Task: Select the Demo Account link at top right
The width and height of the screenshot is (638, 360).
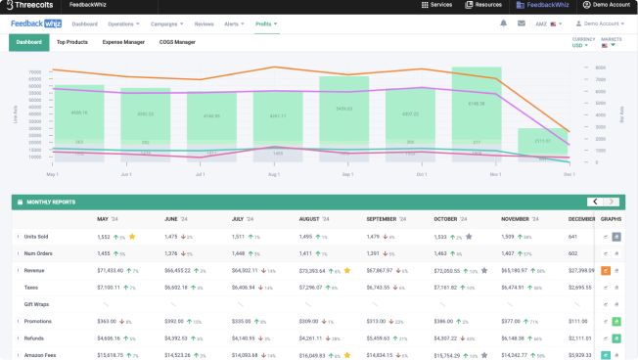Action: [606, 6]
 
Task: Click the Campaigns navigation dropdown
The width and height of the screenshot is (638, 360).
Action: [168, 22]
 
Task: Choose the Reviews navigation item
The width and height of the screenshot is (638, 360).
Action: [205, 22]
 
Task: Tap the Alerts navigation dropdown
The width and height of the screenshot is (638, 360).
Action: [234, 22]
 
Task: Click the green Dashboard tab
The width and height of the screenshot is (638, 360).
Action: [28, 42]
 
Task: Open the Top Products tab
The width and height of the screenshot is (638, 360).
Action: [71, 42]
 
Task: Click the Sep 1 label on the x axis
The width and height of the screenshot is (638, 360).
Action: [347, 174]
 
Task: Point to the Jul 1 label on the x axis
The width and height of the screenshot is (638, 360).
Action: [200, 174]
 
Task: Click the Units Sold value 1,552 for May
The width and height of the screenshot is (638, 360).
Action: [104, 237]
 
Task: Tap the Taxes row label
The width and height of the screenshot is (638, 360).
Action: [30, 287]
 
